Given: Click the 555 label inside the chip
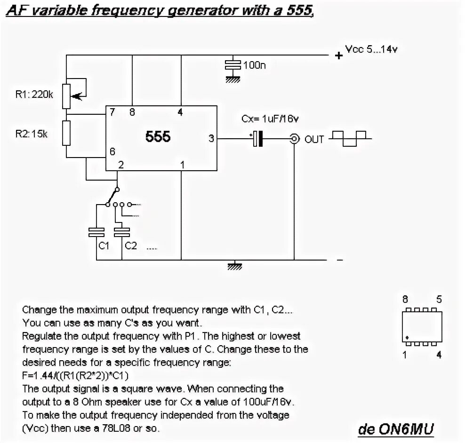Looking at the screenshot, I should coord(158,137).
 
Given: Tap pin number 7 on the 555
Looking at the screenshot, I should coord(112,112).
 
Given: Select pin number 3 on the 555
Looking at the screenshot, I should coord(211,139).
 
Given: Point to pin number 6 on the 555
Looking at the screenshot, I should coord(112,151).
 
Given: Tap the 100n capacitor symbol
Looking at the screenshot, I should coord(233,65).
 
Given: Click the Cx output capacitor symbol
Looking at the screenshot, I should coord(257,139).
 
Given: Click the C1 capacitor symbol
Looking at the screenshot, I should coord(96,231).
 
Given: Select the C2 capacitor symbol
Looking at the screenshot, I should coord(122,231).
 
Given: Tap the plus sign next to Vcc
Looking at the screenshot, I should coord(338,55).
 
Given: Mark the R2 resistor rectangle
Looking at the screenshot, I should coord(66,134).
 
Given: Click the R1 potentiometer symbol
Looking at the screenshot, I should coord(67,95).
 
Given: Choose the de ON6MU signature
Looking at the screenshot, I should coord(396,428).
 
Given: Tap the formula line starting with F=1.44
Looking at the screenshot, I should coord(76,376).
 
